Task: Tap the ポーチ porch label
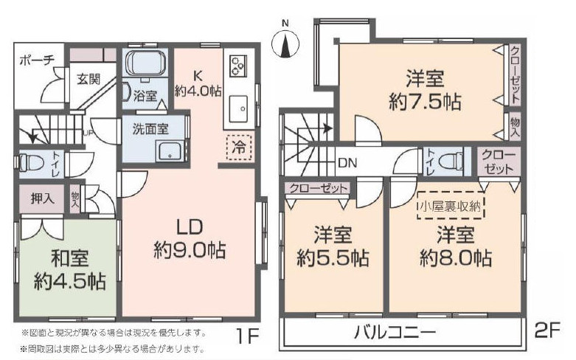click(37, 60)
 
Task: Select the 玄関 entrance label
click(89, 79)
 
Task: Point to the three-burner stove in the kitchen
click(238, 66)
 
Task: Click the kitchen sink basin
click(239, 108)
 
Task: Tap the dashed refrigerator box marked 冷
click(239, 148)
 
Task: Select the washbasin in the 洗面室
click(170, 151)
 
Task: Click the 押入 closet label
click(42, 198)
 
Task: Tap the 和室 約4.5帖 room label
click(70, 270)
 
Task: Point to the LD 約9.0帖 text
click(190, 239)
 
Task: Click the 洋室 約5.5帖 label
click(333, 246)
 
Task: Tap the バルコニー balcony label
click(395, 333)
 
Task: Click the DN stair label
click(347, 163)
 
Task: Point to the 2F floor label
click(547, 330)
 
